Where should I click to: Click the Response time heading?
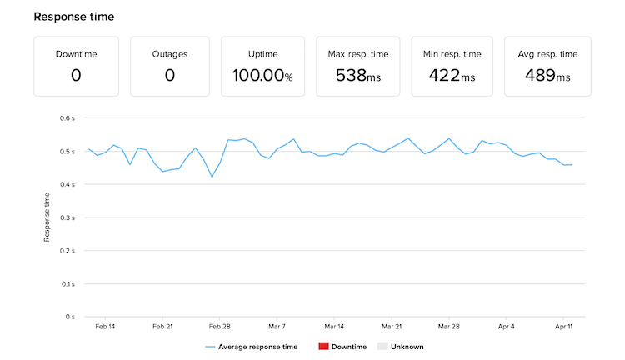[x=73, y=17]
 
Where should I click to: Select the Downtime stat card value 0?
[x=76, y=75]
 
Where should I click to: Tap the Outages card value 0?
[x=170, y=75]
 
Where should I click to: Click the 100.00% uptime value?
[x=262, y=75]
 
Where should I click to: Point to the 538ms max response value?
[x=358, y=75]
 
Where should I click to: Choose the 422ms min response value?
[x=452, y=75]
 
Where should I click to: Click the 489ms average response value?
[x=547, y=75]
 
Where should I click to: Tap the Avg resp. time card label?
[x=547, y=54]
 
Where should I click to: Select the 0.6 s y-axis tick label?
[x=67, y=118]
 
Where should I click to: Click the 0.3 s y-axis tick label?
[x=67, y=217]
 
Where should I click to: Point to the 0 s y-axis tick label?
[x=70, y=317]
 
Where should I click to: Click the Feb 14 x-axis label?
[x=105, y=327]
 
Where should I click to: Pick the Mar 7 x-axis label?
[x=277, y=327]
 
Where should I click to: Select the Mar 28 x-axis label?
[x=449, y=327]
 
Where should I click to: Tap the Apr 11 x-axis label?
[x=563, y=327]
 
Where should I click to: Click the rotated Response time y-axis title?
[x=47, y=217]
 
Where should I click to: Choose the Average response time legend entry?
[x=252, y=347]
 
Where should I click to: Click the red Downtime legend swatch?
[x=323, y=347]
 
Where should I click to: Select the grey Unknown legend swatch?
[x=382, y=347]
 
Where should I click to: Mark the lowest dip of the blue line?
[x=212, y=177]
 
